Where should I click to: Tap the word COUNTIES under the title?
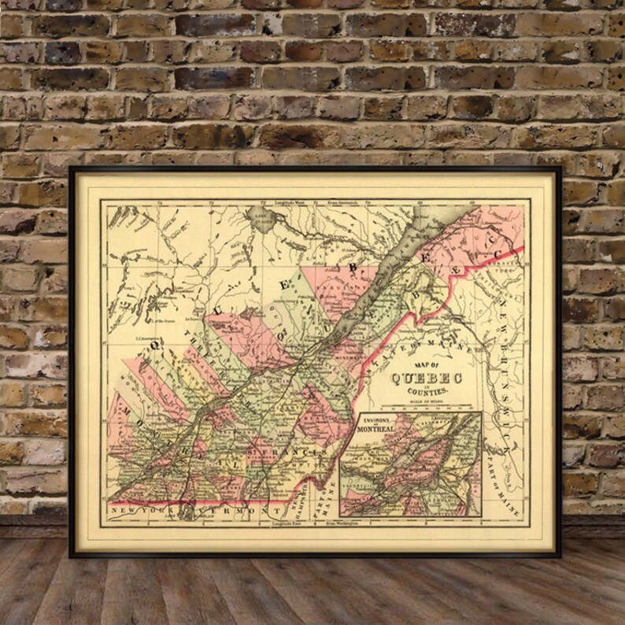(x=425, y=392)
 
